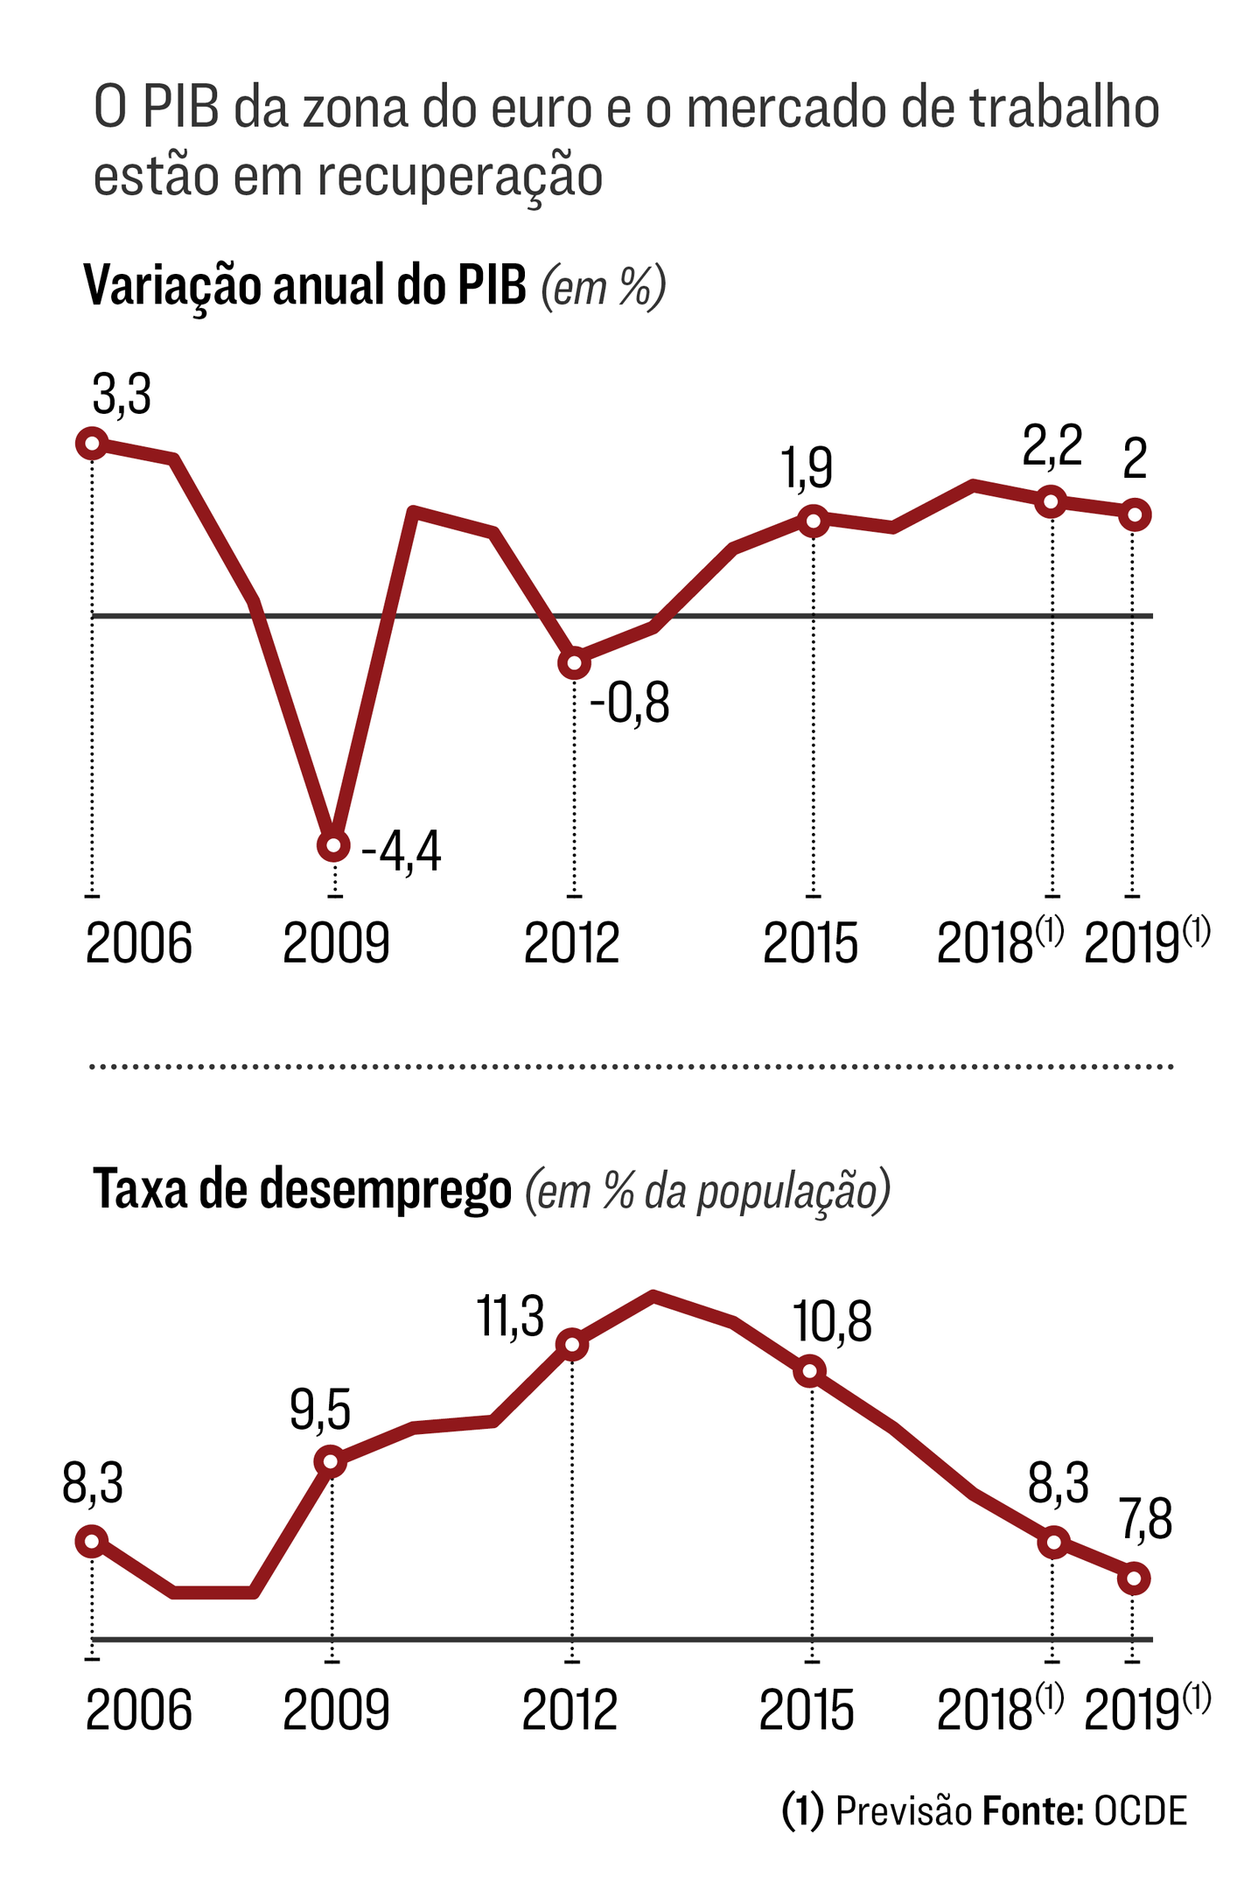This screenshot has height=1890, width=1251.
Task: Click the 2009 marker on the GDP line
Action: pyautogui.click(x=332, y=845)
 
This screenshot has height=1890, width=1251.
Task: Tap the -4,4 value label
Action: pyautogui.click(x=402, y=851)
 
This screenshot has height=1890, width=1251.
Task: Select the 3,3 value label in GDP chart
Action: pyautogui.click(x=122, y=394)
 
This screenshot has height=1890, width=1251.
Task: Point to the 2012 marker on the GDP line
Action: pyautogui.click(x=574, y=663)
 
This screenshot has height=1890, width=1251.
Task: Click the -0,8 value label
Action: pyautogui.click(x=630, y=703)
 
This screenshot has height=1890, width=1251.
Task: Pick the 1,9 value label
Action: pyautogui.click(x=807, y=468)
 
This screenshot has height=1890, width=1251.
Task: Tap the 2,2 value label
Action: pyautogui.click(x=1052, y=445)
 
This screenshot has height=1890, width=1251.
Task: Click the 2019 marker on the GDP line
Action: pyautogui.click(x=1135, y=514)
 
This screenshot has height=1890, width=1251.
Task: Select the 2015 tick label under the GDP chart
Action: pyautogui.click(x=810, y=944)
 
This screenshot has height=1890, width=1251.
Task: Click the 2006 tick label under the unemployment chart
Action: pyautogui.click(x=138, y=1711)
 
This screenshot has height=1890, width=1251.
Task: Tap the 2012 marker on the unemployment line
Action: pyautogui.click(x=572, y=1345)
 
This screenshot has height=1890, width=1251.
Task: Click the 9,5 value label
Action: pyautogui.click(x=320, y=1410)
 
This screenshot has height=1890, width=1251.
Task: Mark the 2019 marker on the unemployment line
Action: pyautogui.click(x=1135, y=1579)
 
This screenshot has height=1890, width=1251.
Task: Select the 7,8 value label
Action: pyautogui.click(x=1146, y=1520)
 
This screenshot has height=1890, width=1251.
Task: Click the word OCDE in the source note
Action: pyautogui.click(x=1141, y=1811)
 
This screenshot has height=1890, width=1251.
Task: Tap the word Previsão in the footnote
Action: pyautogui.click(x=904, y=1811)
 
